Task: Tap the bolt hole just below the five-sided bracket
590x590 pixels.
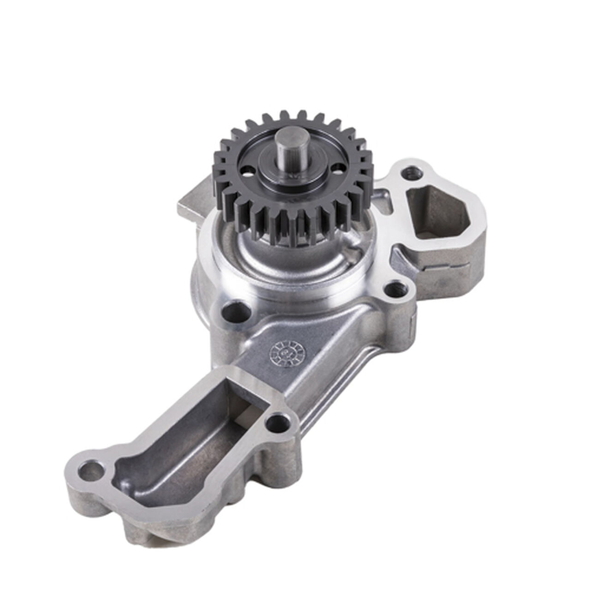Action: [x=394, y=290]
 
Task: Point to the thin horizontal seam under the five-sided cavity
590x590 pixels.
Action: [x=442, y=266]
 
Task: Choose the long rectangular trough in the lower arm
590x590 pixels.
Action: [x=184, y=442]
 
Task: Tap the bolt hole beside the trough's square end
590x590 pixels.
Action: [x=278, y=422]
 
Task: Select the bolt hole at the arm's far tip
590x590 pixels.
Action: [x=91, y=472]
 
